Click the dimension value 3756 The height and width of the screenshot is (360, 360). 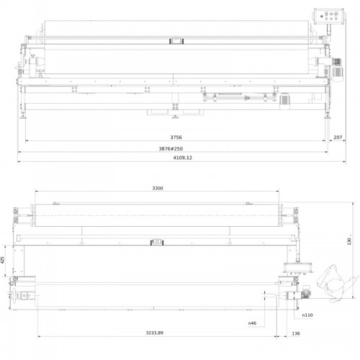click(176, 138)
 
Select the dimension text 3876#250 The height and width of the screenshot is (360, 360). click(171, 149)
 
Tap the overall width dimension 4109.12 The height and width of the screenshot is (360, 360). click(183, 158)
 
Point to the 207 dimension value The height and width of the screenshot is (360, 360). click(338, 138)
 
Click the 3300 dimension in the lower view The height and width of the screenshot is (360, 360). click(158, 189)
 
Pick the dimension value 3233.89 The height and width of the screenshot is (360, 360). click(155, 333)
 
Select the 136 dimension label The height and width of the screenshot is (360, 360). click(296, 333)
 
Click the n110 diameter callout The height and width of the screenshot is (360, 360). click(307, 315)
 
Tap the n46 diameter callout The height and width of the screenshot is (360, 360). click(252, 323)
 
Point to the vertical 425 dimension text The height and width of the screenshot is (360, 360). click(3, 260)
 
